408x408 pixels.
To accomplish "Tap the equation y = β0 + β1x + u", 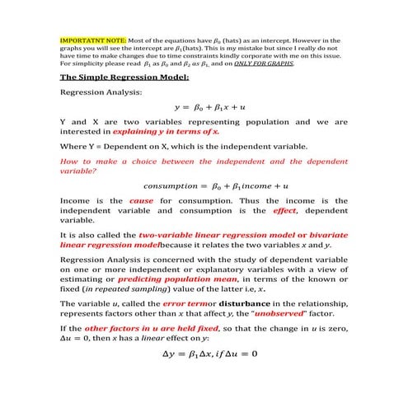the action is tap(204, 107).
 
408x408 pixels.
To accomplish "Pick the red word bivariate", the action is tap(326, 235).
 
